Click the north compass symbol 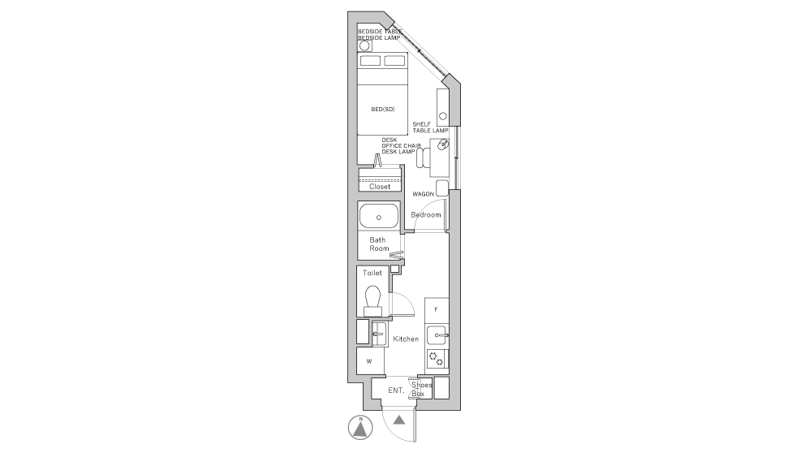click(360, 428)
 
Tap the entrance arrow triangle click(399, 421)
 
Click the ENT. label click(396, 390)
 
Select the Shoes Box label click(421, 390)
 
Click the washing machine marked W click(370, 361)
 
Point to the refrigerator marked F click(437, 309)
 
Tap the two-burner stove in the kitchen click(437, 359)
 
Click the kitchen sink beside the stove click(437, 335)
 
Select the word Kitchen click(406, 339)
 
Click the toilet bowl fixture click(372, 301)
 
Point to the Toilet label click(372, 273)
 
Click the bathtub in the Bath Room click(379, 216)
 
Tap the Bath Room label click(379, 244)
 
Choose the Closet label click(380, 187)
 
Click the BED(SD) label click(383, 109)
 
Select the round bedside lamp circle click(364, 45)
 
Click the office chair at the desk click(423, 157)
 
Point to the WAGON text click(423, 194)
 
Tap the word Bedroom click(425, 214)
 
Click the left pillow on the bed click(370, 61)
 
